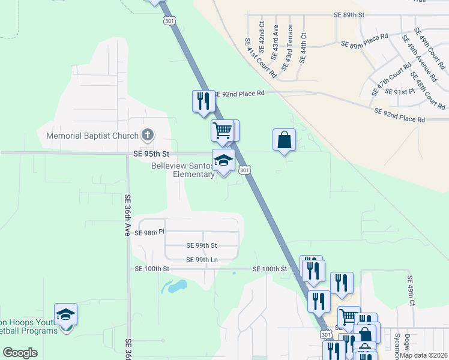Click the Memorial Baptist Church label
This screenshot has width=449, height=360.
(92, 136)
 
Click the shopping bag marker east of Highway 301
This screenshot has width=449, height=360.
(285, 140)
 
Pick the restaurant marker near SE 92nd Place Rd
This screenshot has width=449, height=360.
(203, 100)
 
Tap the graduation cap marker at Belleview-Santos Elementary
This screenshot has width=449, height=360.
(223, 161)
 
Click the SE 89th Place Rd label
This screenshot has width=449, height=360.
(365, 44)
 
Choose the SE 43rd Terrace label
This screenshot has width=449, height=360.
(290, 43)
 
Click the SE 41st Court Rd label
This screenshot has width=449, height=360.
(260, 59)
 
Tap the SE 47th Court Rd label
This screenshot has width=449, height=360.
(391, 82)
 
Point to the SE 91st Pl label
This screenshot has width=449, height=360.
(399, 92)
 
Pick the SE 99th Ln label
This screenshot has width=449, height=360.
(202, 260)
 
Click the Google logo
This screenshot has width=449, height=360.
(20, 353)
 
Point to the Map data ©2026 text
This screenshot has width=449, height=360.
(423, 355)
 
